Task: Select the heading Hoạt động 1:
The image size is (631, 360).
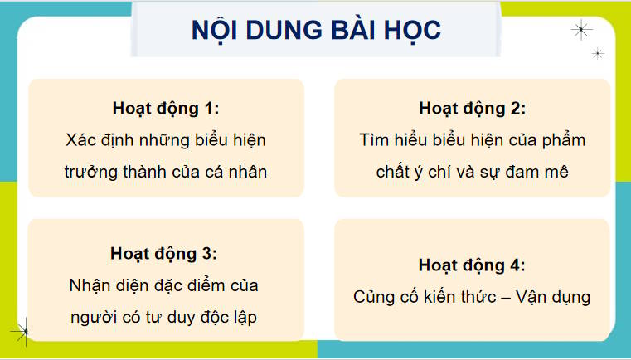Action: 166,109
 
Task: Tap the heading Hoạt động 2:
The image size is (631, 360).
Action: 472,109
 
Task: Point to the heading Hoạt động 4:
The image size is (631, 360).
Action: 472,265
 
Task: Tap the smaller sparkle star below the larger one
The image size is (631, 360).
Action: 597,53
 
